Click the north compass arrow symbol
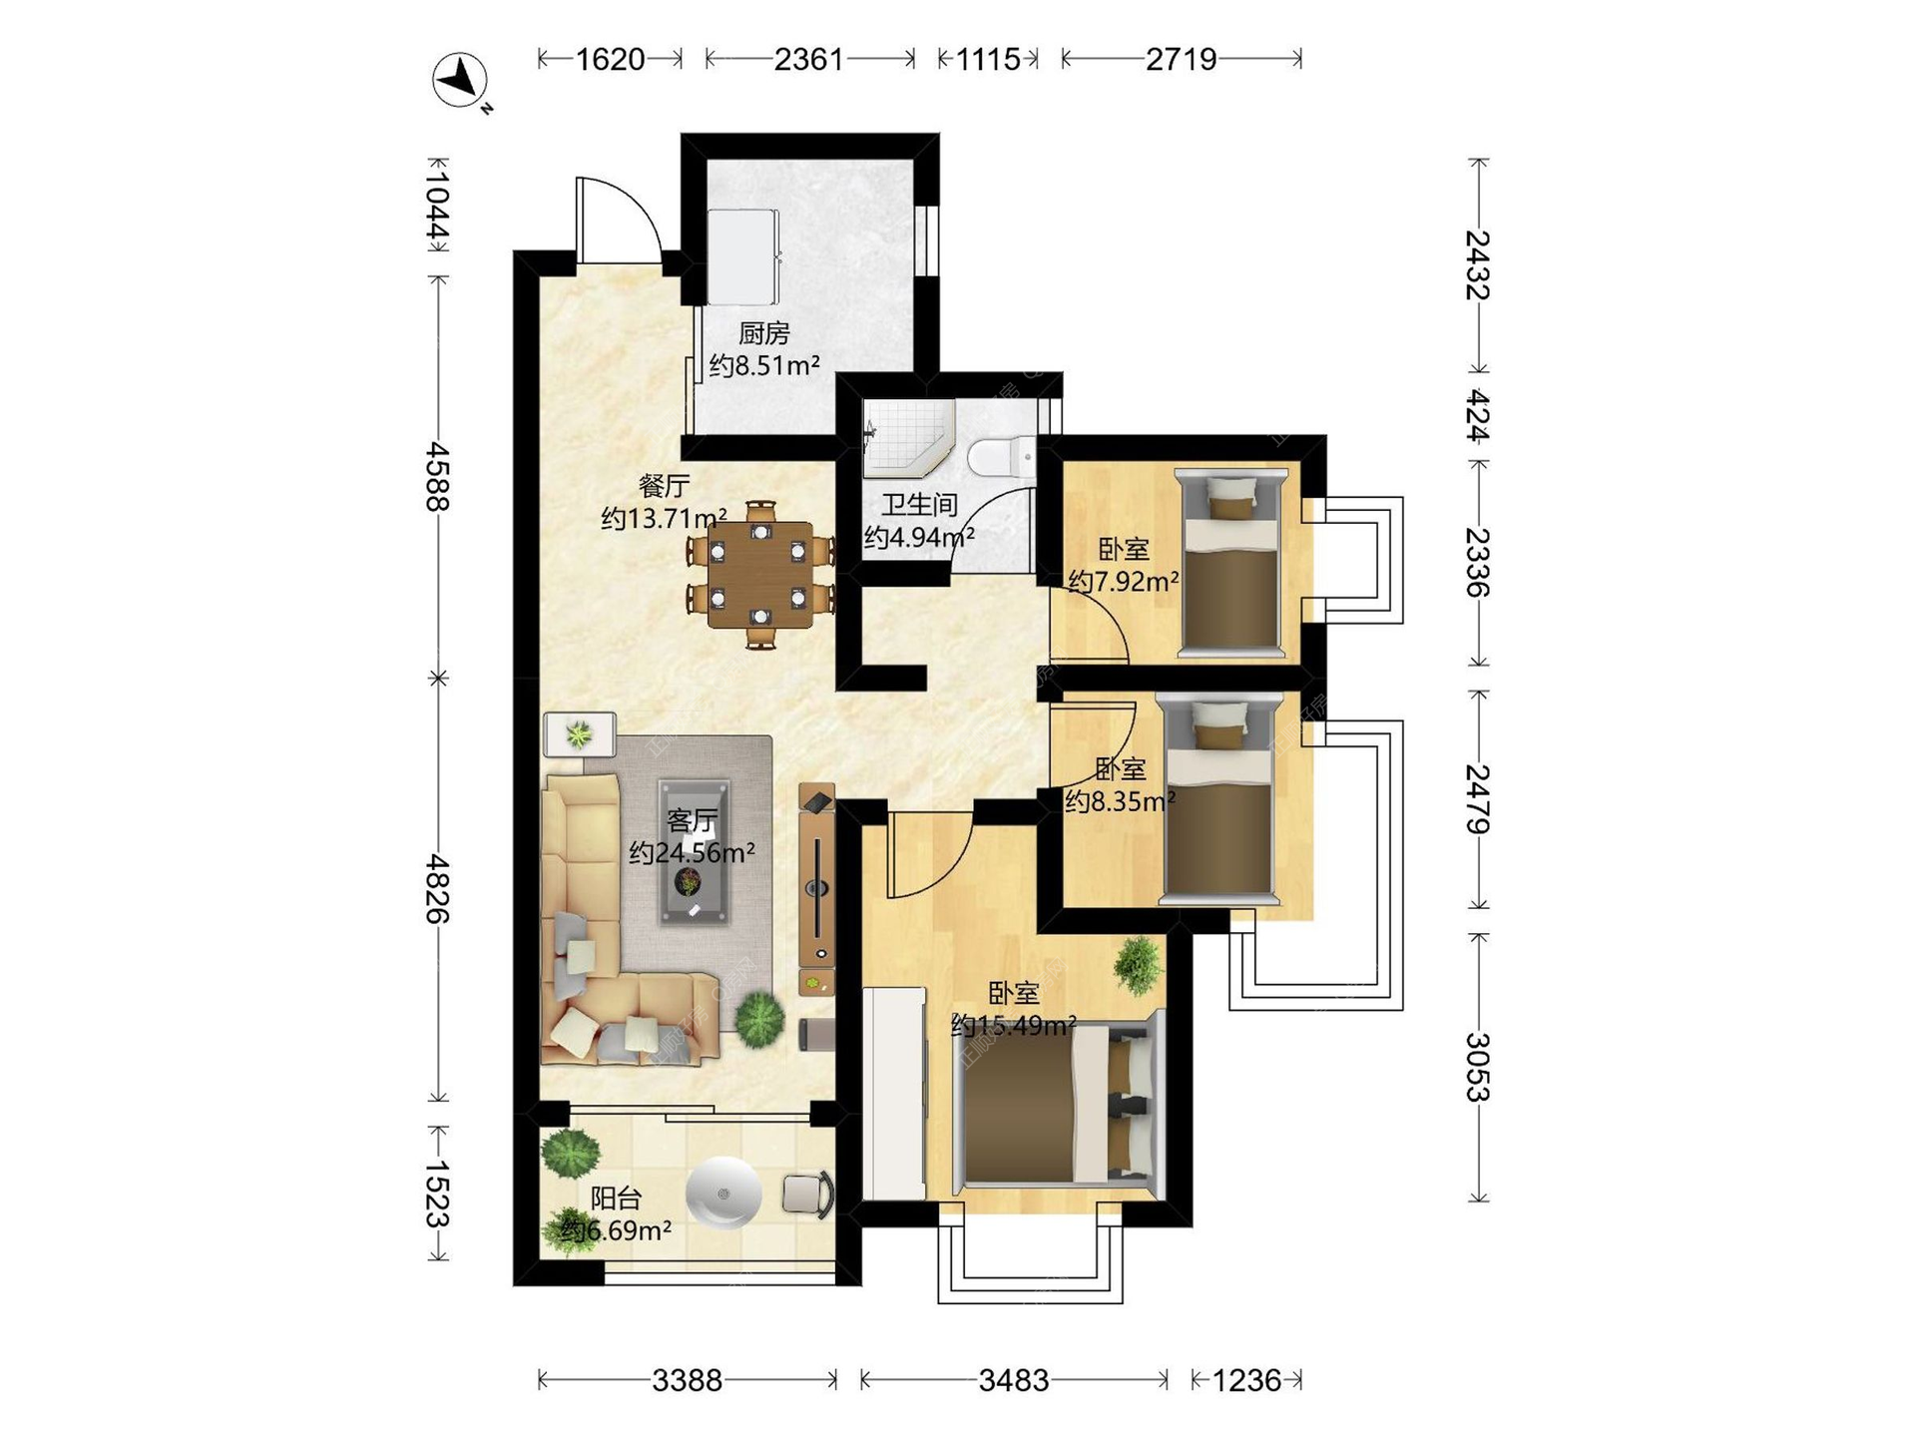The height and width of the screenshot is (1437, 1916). click(x=460, y=79)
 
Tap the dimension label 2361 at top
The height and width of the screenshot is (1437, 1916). click(x=808, y=59)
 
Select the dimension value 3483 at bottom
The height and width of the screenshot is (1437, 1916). click(x=1013, y=1380)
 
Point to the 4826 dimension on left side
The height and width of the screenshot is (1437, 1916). click(x=437, y=888)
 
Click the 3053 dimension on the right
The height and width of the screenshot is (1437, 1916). click(x=1478, y=1067)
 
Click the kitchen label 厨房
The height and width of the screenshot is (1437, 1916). click(x=764, y=333)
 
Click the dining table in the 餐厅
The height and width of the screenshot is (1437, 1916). click(x=760, y=575)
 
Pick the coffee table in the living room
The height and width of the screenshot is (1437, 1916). click(x=693, y=851)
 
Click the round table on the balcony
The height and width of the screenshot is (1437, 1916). click(x=723, y=1194)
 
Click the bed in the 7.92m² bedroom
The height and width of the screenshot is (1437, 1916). click(x=1230, y=563)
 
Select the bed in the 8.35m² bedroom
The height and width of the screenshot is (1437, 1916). click(x=1219, y=798)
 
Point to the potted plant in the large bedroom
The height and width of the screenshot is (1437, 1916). click(x=1138, y=965)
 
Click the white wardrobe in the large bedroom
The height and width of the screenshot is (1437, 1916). click(x=894, y=1093)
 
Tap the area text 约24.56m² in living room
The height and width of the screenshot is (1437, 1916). click(x=692, y=853)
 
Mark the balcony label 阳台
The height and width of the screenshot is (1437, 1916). click(x=616, y=1198)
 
